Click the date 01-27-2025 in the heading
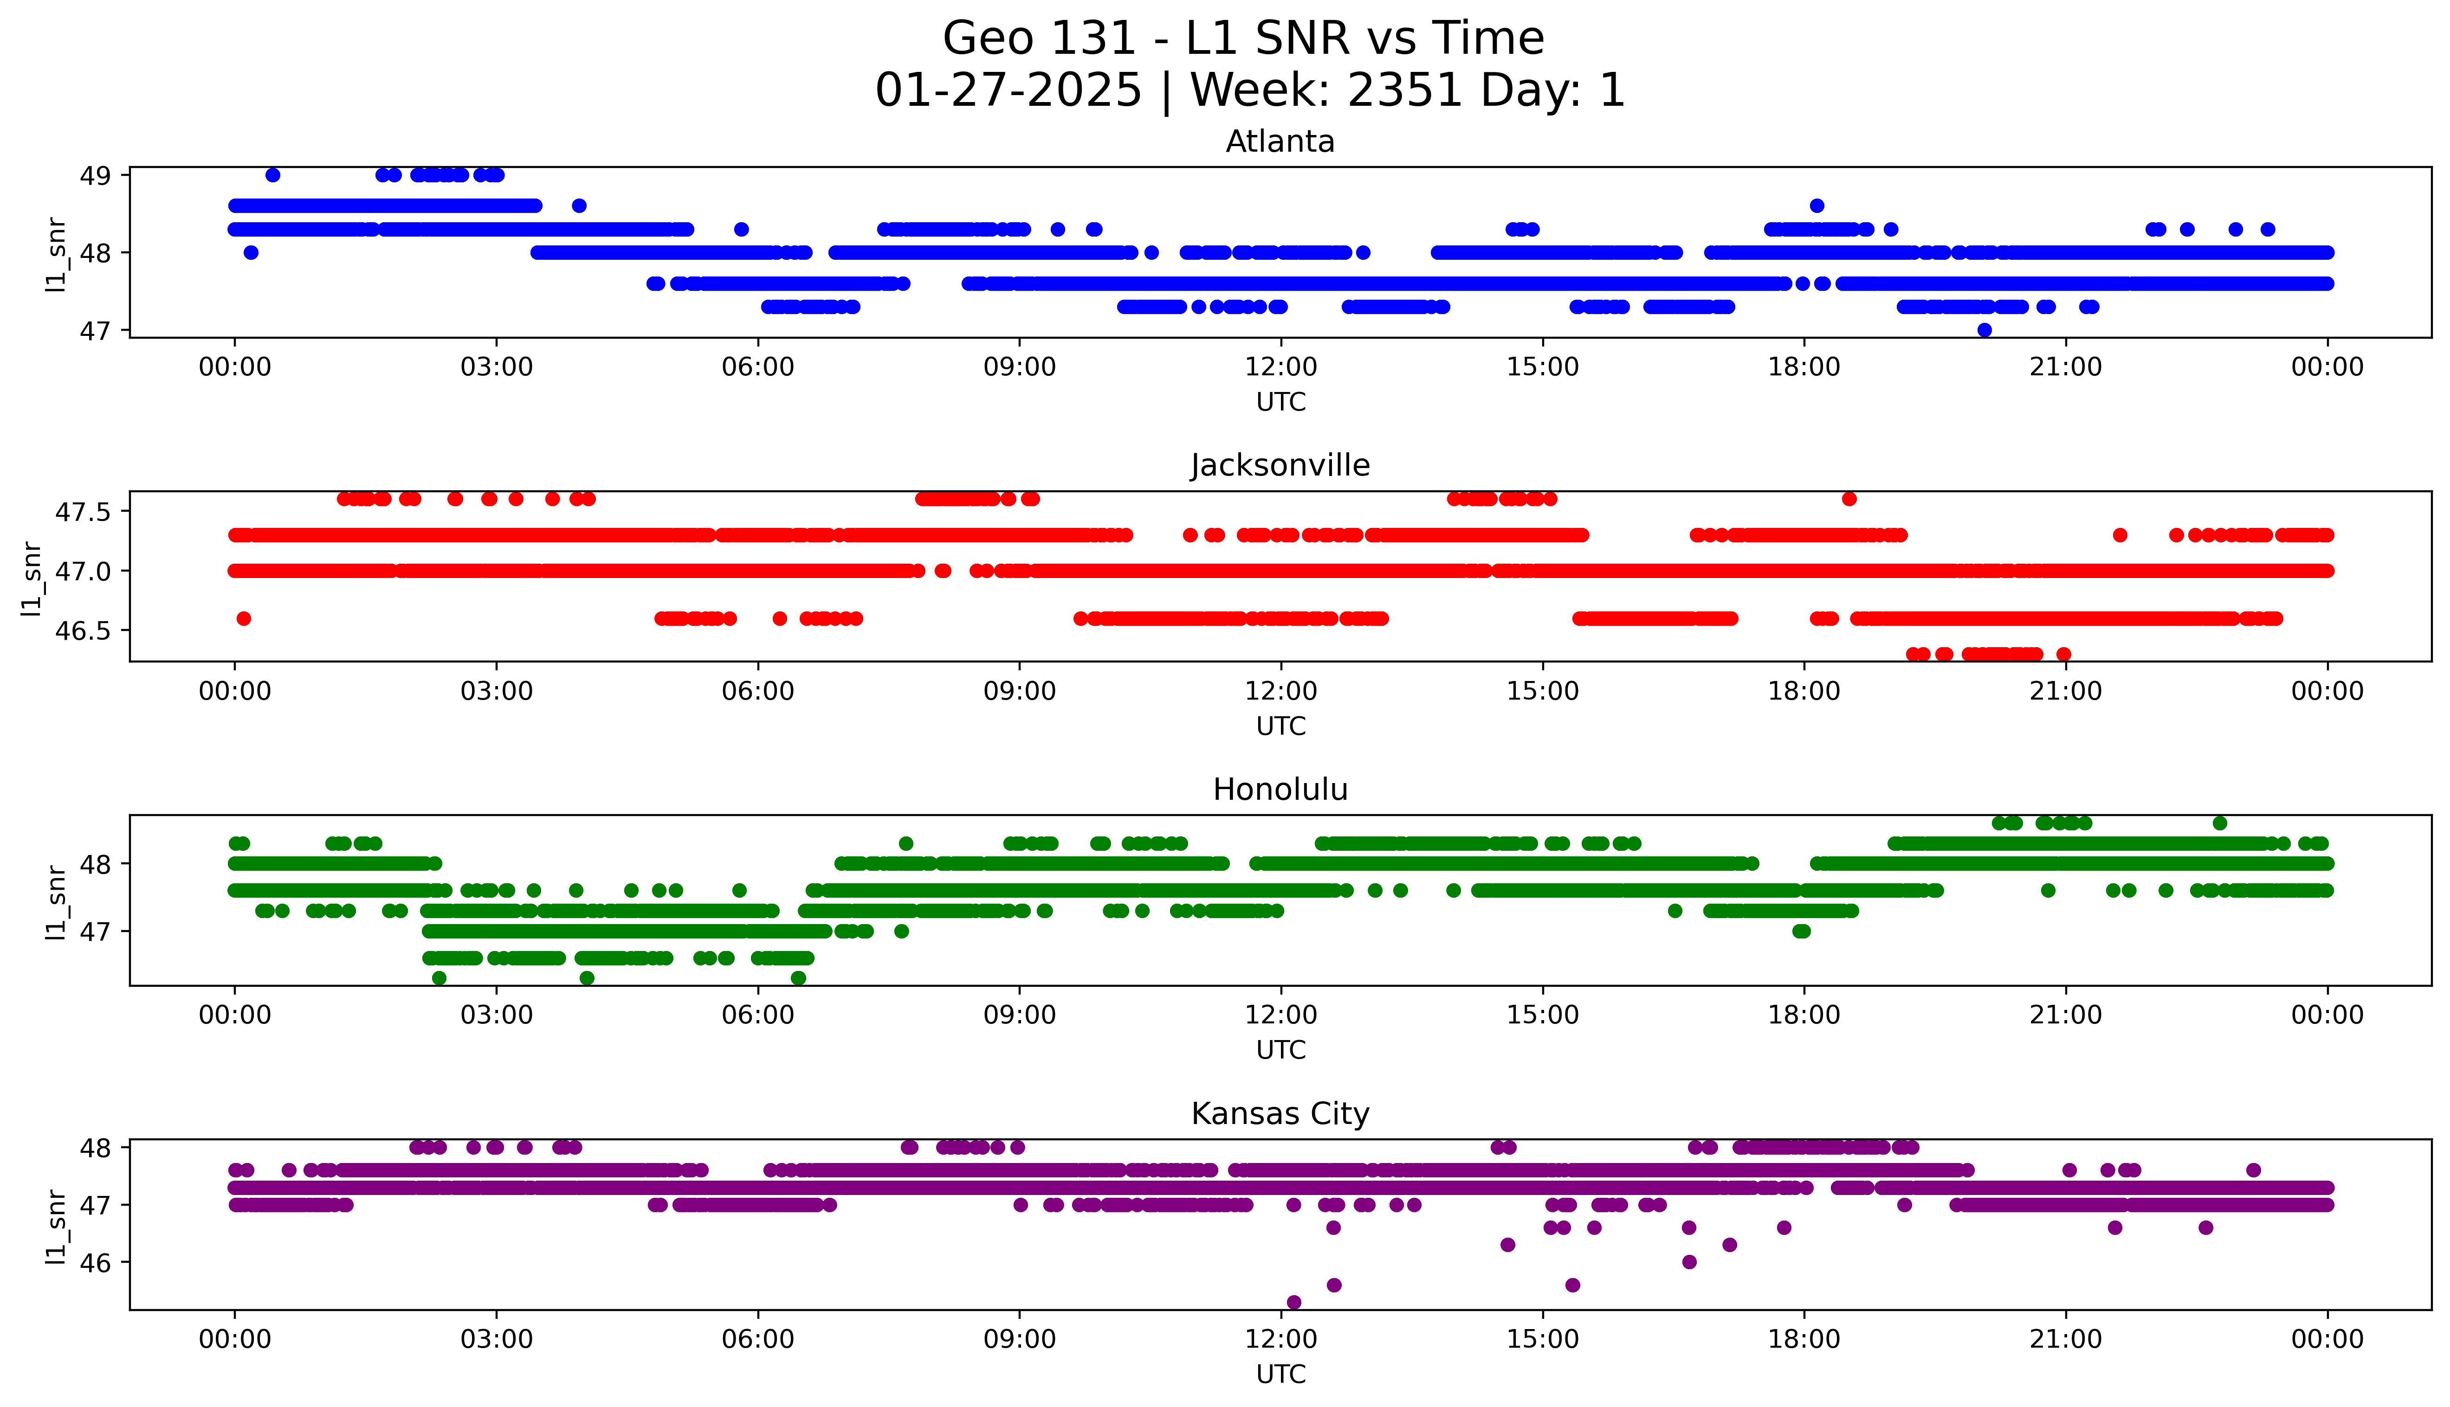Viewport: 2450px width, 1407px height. pyautogui.click(x=1008, y=91)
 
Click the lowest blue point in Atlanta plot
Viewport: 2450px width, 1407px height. pyautogui.click(x=1984, y=330)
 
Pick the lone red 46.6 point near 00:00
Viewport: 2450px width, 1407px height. pyautogui.click(x=244, y=618)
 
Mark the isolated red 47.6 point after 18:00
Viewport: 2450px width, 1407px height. pyautogui.click(x=1849, y=499)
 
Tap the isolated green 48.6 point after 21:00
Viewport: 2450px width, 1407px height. pyautogui.click(x=2220, y=823)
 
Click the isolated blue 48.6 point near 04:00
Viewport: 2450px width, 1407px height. pyautogui.click(x=579, y=206)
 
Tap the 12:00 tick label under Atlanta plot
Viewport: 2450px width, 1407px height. pyautogui.click(x=1280, y=367)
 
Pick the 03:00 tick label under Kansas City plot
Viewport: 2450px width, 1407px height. pyautogui.click(x=497, y=1339)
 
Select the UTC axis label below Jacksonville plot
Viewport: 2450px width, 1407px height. pyautogui.click(x=1280, y=726)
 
